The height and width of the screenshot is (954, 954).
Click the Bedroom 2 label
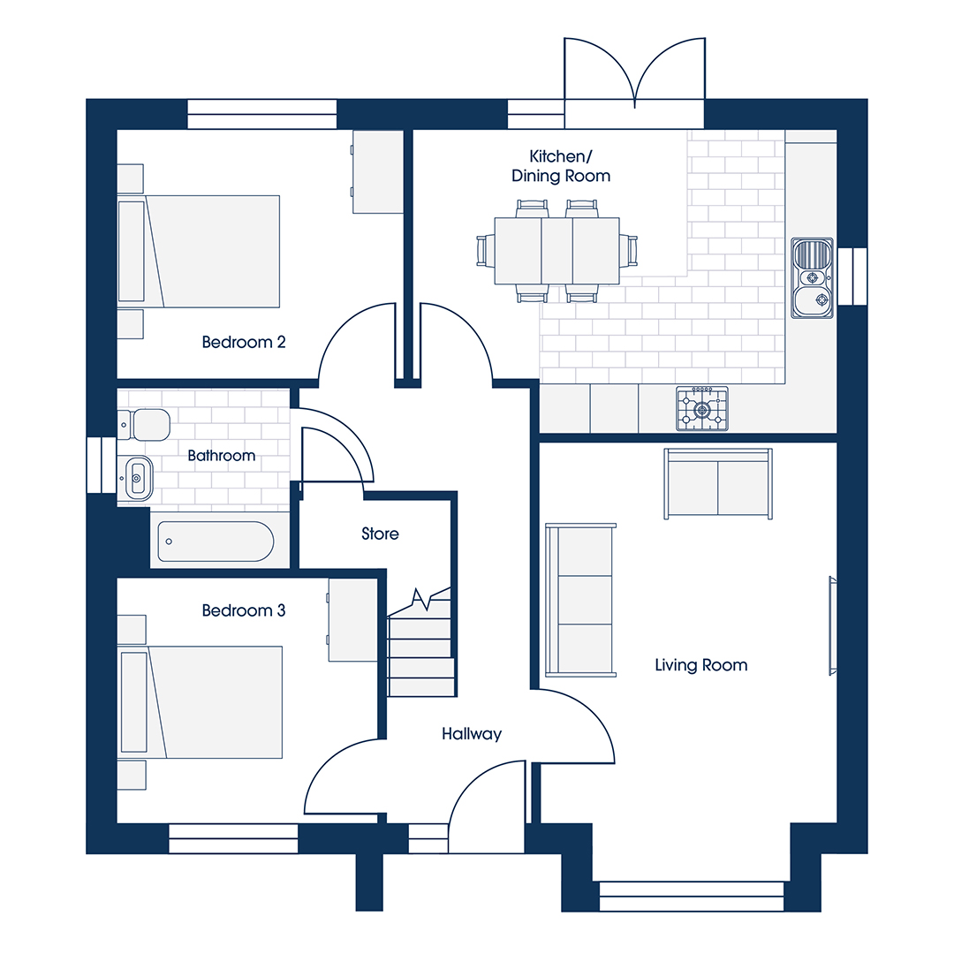pos(244,342)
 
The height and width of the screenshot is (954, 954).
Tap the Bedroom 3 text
pos(244,610)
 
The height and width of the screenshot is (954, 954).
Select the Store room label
pos(380,534)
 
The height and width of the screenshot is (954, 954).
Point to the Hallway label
pos(472,734)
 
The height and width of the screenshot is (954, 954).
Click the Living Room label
pos(700,665)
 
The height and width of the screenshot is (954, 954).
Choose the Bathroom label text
pos(222,456)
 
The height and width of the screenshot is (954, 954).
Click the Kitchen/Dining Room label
pos(560,166)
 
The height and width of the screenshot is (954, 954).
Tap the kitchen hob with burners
pos(702,409)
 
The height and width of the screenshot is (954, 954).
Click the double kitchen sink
pos(813,278)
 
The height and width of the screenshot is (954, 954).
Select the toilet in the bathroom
pos(144,425)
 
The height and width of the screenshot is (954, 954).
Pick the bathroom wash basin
pos(135,479)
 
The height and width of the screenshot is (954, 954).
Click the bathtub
pos(216,541)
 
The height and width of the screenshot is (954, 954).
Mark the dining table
pos(556,251)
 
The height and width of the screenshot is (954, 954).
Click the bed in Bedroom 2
pos(199,251)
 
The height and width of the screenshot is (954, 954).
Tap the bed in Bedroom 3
pos(201,702)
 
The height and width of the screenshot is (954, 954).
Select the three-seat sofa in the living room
pos(581,600)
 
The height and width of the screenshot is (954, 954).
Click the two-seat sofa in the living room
pos(718,484)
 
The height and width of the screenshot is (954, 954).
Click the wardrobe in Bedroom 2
pos(378,171)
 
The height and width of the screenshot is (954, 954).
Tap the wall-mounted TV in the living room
pos(833,626)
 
